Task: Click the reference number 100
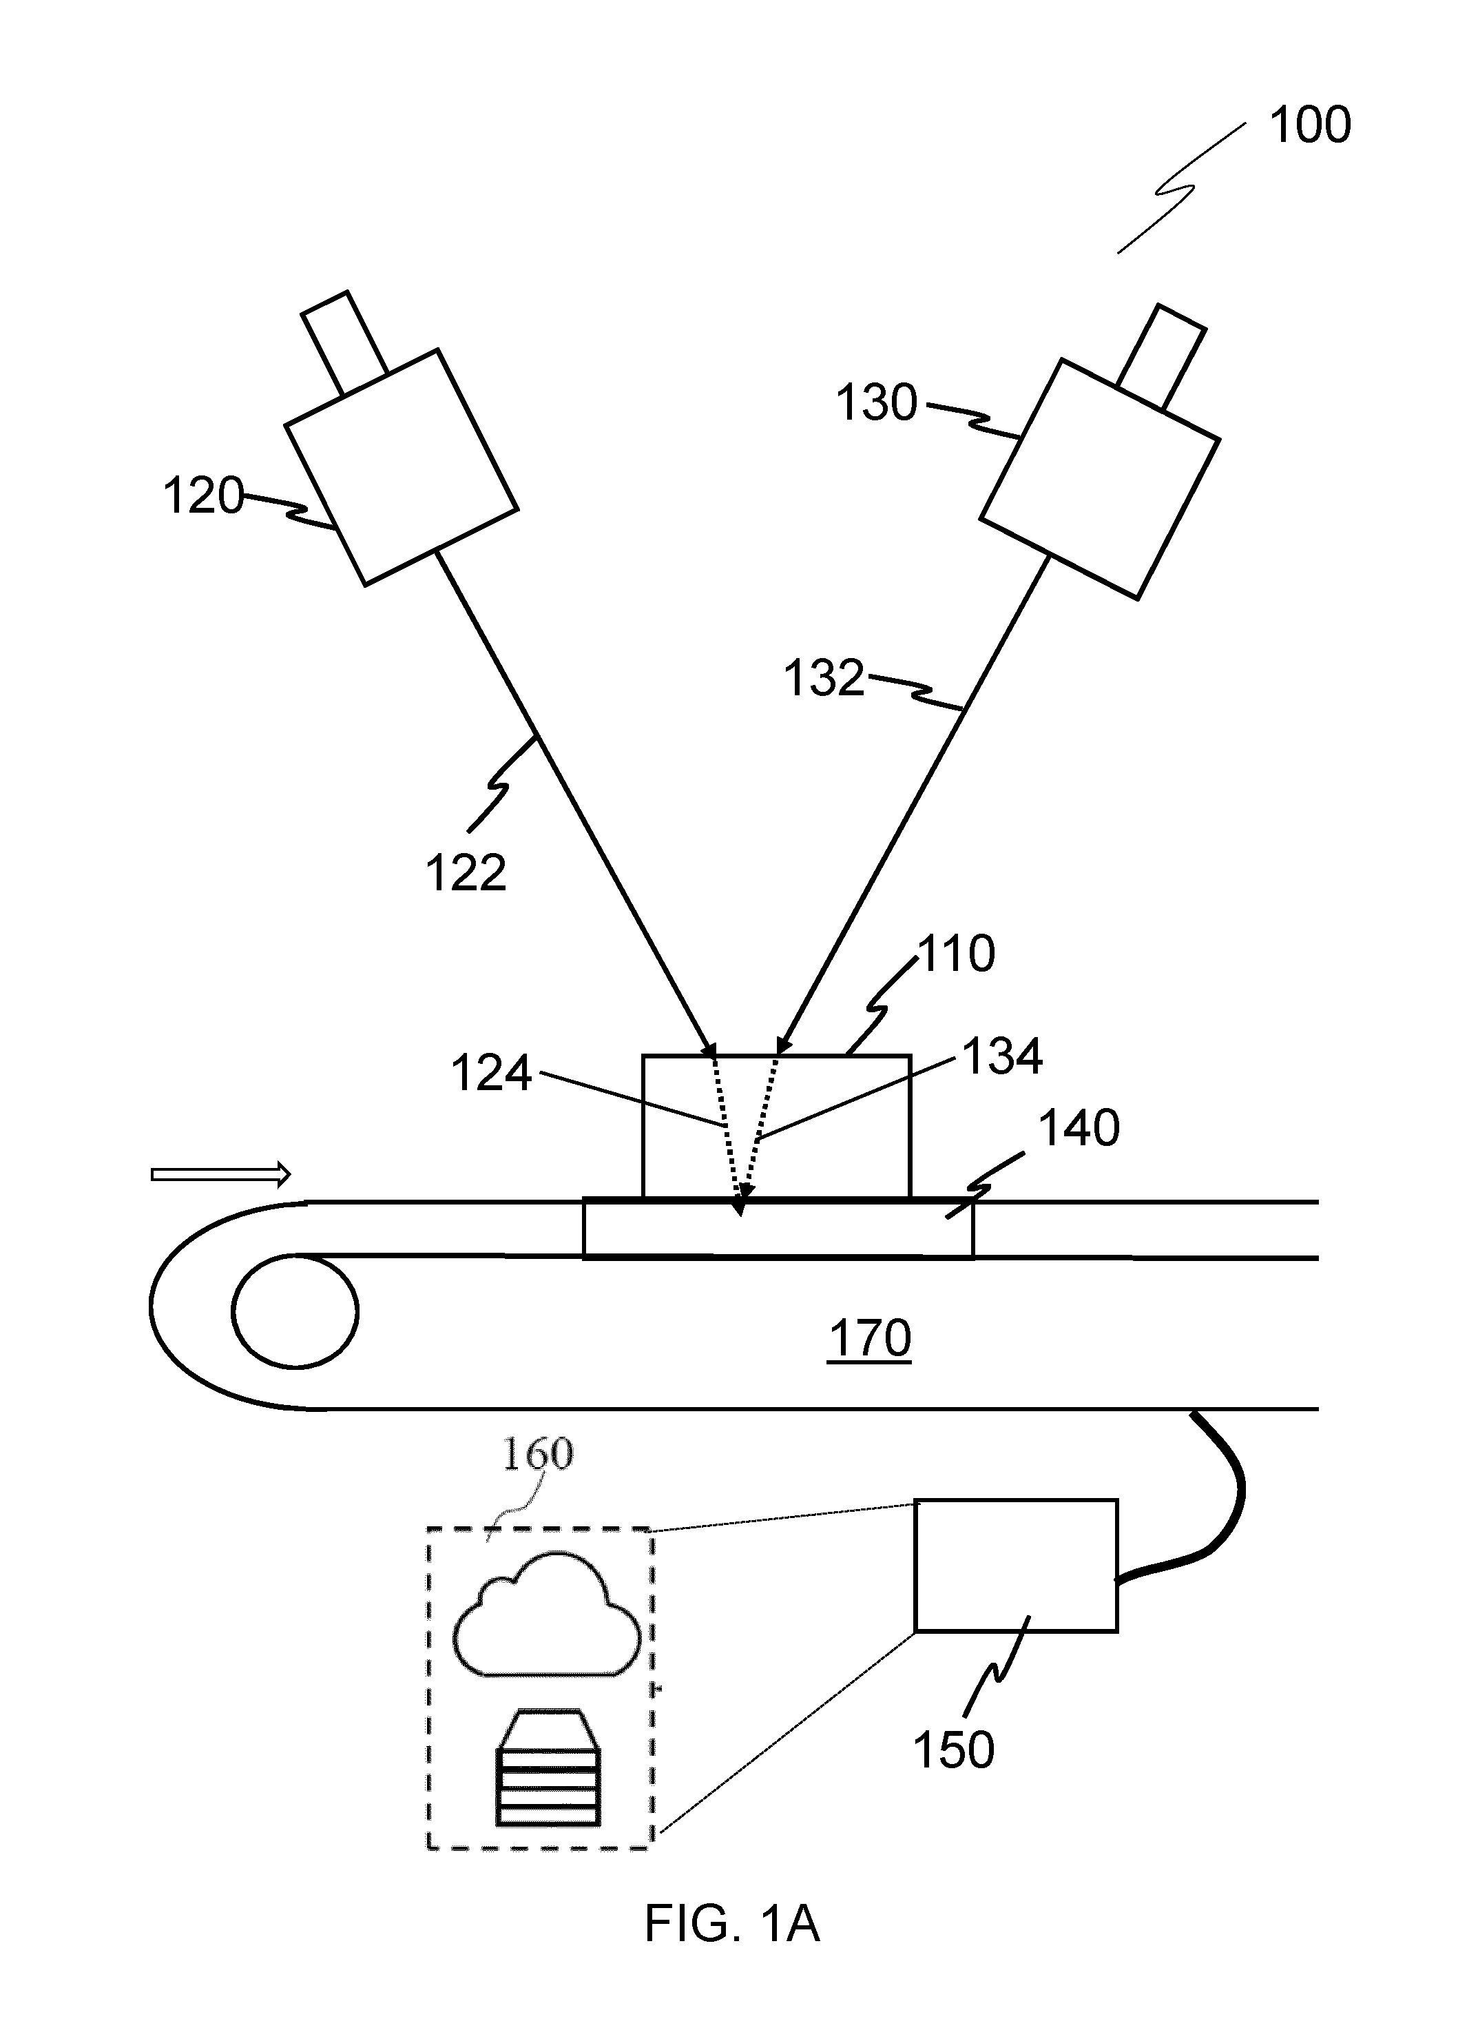pos(1310,125)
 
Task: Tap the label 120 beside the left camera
pos(203,496)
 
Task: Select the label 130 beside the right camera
pos(877,402)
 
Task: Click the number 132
pos(824,678)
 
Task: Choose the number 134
pos(1002,1057)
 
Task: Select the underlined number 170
pos(870,1339)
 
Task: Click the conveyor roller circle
pos(295,1312)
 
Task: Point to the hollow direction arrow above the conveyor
pos(222,1174)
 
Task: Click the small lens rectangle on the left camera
pos(344,342)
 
